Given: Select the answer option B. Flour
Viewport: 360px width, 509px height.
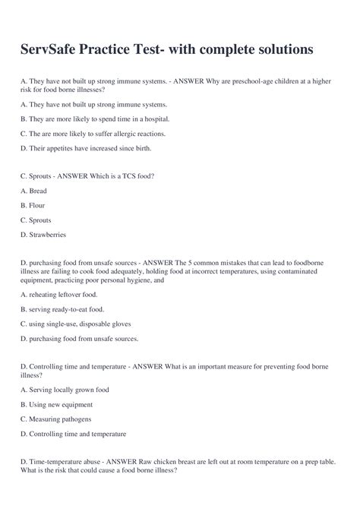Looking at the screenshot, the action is pos(35,205).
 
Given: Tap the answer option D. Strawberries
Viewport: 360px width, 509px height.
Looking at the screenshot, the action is pos(46,234).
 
